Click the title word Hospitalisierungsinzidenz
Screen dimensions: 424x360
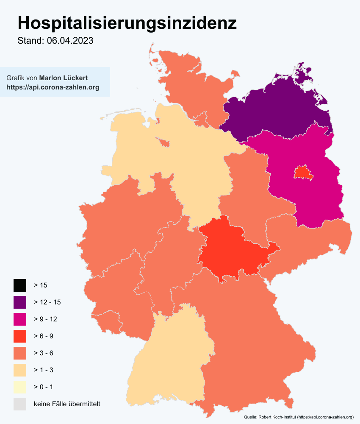pyautogui.click(x=127, y=23)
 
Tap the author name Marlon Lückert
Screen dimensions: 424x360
pyautogui.click(x=63, y=78)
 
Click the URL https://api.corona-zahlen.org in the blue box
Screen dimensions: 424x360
pyautogui.click(x=53, y=87)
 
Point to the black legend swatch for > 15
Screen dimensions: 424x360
pyautogui.click(x=20, y=285)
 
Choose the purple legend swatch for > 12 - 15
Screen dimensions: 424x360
pyautogui.click(x=20, y=302)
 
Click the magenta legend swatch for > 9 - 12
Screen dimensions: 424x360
pyautogui.click(x=20, y=319)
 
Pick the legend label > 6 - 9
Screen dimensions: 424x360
pyautogui.click(x=43, y=336)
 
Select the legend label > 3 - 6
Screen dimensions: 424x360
pyautogui.click(x=43, y=353)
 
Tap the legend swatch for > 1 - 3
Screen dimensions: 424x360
pyautogui.click(x=20, y=370)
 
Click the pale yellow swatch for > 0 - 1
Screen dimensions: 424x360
pyautogui.click(x=20, y=387)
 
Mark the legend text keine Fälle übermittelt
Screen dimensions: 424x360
pyautogui.click(x=67, y=404)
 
